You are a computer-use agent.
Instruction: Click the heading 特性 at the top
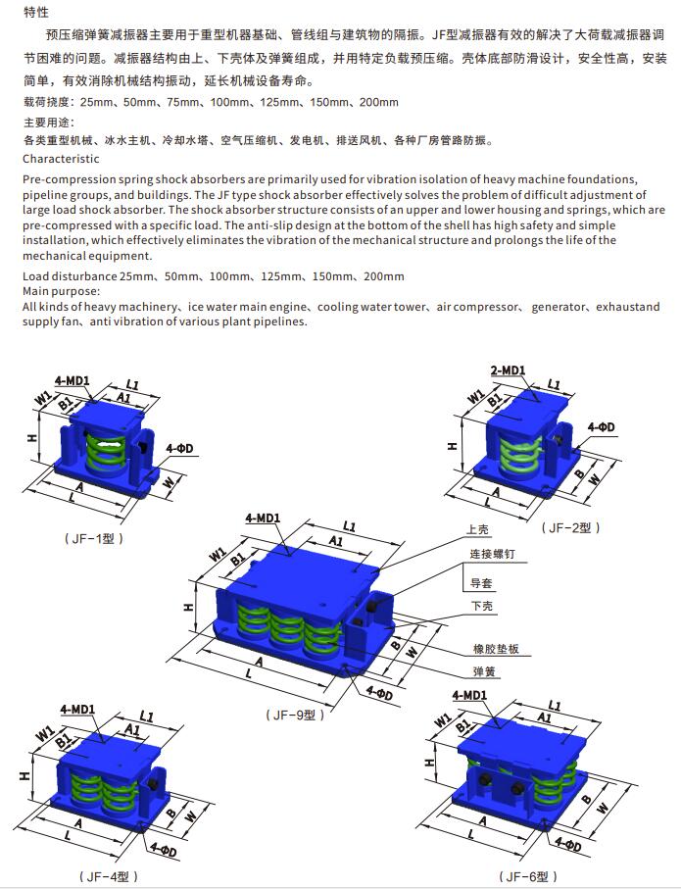point(35,13)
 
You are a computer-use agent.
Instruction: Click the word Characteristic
point(61,159)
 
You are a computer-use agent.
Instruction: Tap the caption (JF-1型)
point(95,538)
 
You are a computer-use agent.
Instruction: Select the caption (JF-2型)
point(571,527)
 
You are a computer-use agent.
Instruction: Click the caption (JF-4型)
point(108,875)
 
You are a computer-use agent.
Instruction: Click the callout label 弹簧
point(481,673)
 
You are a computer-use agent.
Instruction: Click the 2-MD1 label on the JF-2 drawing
point(508,370)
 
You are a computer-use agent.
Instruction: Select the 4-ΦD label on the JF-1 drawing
point(180,448)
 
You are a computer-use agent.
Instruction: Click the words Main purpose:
point(61,291)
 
